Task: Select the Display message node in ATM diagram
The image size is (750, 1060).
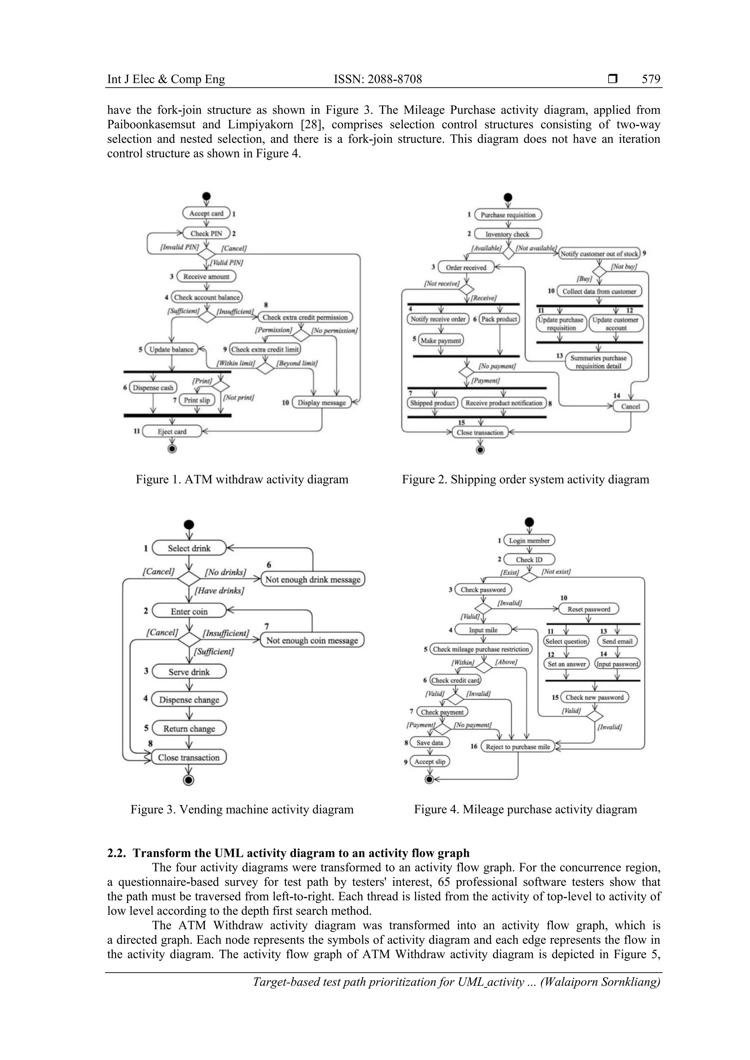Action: click(x=322, y=403)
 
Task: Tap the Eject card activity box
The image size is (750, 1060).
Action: click(x=172, y=432)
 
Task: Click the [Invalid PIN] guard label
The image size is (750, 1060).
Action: click(x=179, y=247)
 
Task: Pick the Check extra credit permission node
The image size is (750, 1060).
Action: click(x=305, y=318)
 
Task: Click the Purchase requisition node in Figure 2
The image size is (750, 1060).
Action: click(x=508, y=215)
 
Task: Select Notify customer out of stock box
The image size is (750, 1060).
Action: click(x=599, y=253)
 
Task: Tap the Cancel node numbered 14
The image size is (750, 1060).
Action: click(x=630, y=406)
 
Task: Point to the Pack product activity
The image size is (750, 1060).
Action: click(x=499, y=319)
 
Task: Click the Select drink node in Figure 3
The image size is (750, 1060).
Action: click(x=189, y=548)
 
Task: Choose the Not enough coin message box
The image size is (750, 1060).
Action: click(x=312, y=640)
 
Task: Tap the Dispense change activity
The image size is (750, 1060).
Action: click(x=189, y=699)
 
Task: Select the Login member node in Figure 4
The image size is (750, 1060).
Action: click(x=529, y=541)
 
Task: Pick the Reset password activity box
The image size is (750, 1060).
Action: click(x=589, y=609)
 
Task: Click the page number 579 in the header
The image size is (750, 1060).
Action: click(x=651, y=79)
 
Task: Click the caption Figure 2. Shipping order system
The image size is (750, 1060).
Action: click(x=525, y=479)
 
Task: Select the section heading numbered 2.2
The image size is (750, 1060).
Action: click(x=288, y=853)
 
